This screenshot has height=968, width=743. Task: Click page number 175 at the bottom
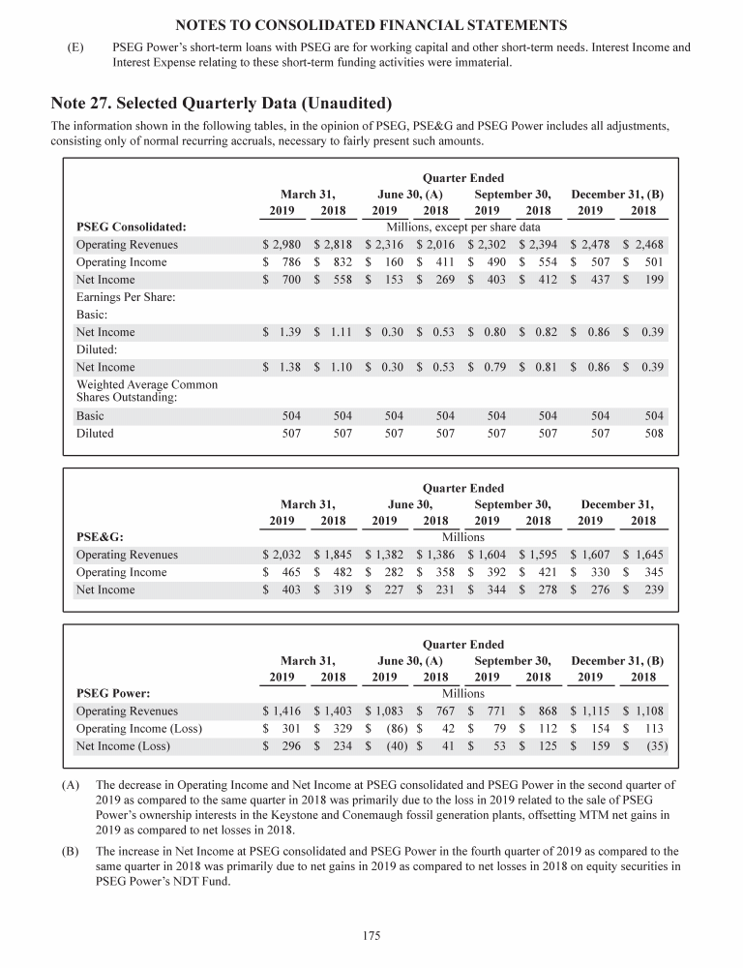tap(371, 936)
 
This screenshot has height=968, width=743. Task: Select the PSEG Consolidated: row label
tap(131, 227)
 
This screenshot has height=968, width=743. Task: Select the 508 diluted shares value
tap(655, 434)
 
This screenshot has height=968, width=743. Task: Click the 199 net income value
tap(654, 280)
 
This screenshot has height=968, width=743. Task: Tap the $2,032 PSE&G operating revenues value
tap(284, 555)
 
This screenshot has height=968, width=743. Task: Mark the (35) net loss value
tap(657, 745)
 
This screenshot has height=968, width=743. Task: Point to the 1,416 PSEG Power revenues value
tap(284, 711)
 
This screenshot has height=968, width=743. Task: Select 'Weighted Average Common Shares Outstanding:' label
tap(146, 391)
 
